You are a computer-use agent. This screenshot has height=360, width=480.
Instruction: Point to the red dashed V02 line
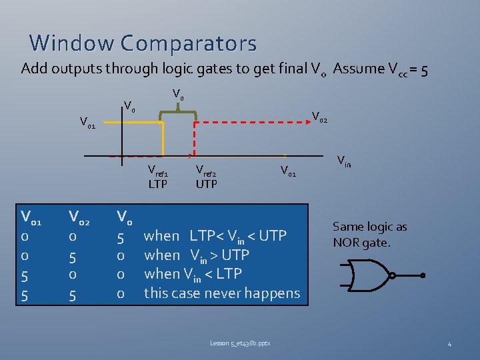pos(253,123)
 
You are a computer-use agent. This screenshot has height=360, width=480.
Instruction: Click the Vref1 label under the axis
pos(162,170)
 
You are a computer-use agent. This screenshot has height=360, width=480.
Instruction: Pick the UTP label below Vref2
pos(206,183)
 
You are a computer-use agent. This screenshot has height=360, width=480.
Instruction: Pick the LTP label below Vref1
pos(158,183)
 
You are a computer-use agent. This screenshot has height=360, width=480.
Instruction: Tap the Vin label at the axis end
pos(344,160)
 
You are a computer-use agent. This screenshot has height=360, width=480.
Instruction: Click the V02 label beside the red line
pos(319,117)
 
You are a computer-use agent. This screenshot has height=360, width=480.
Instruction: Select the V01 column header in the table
pos(31,216)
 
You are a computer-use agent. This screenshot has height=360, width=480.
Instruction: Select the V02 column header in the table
pos(79,216)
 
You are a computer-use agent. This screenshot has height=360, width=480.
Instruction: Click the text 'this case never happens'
pos(222,293)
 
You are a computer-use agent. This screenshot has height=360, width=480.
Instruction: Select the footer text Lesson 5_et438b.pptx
pos(241,343)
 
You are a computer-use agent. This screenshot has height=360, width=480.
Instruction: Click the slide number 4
pos(449,344)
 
